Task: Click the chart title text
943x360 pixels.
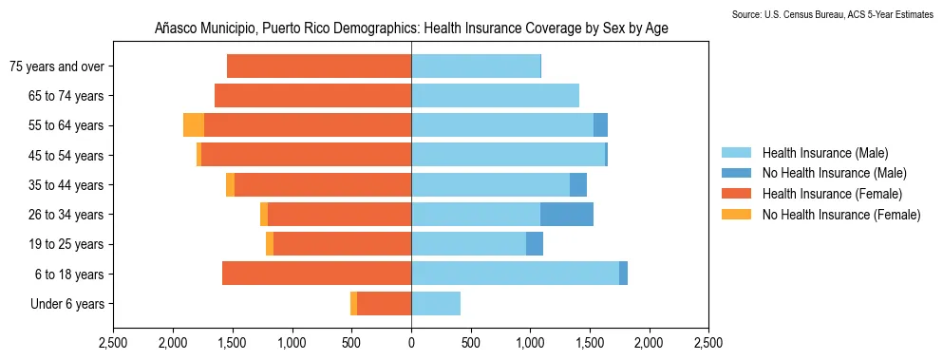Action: (411, 28)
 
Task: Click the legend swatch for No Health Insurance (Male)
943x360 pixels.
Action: (736, 173)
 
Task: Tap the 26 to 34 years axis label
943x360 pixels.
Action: (68, 215)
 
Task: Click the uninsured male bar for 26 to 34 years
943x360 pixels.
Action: (567, 215)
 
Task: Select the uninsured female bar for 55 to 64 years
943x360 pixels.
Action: (194, 125)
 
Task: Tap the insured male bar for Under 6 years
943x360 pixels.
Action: (436, 304)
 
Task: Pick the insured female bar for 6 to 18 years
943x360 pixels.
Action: (316, 274)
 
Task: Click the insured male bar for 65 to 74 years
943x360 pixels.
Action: (495, 95)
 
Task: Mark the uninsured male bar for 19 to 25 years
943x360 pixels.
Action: (535, 244)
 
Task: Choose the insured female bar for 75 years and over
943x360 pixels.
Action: (319, 66)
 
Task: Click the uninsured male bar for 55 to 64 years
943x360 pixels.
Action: (600, 125)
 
